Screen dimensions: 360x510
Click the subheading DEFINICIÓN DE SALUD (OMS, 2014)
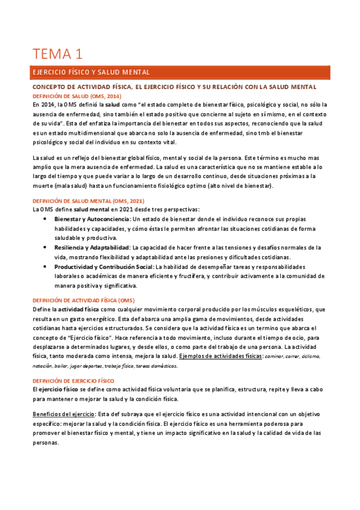click(x=76, y=96)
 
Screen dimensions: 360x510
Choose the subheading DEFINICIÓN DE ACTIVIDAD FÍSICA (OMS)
click(x=83, y=300)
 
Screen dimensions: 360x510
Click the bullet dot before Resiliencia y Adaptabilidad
click(x=46, y=247)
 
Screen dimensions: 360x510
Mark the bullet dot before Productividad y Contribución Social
click(x=46, y=266)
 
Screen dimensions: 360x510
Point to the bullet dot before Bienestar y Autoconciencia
click(x=46, y=219)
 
